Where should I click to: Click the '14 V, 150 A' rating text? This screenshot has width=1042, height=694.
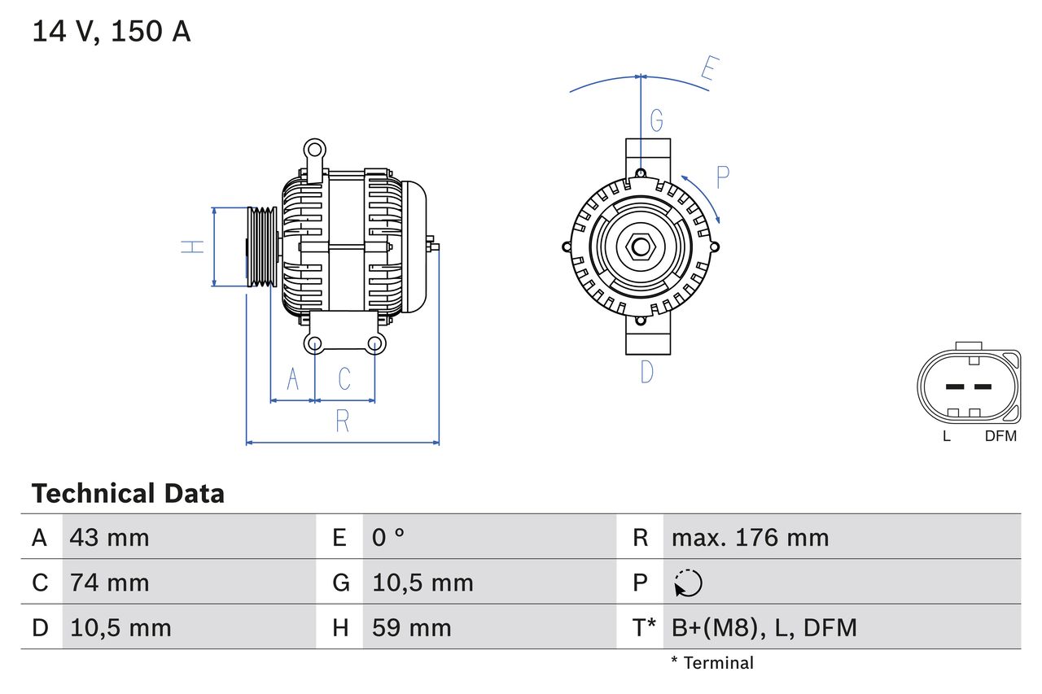click(112, 32)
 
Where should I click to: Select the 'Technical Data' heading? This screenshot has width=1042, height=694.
click(128, 494)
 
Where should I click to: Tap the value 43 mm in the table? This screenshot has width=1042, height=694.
click(109, 537)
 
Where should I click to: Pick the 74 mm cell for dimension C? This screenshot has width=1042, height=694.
click(109, 583)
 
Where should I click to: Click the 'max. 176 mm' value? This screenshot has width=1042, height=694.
click(750, 537)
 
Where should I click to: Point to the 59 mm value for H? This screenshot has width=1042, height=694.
click(411, 627)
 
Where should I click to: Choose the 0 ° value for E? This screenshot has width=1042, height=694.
click(388, 537)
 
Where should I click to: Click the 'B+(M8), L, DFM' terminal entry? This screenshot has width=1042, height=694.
click(764, 627)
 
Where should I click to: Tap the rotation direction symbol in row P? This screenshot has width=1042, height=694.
click(688, 583)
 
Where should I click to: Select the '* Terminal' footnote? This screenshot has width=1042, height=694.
click(712, 663)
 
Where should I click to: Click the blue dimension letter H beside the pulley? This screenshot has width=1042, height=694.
click(192, 247)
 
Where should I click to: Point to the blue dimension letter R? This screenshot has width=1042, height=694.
click(343, 421)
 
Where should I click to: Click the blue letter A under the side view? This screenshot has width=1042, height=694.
click(293, 379)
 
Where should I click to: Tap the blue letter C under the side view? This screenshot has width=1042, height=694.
click(344, 379)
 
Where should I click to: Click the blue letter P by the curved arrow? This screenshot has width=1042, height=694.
click(722, 177)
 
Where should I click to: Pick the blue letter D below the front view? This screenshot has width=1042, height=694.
click(647, 372)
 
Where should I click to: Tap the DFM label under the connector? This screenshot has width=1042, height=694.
click(1000, 436)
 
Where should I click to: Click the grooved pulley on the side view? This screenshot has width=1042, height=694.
click(262, 247)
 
